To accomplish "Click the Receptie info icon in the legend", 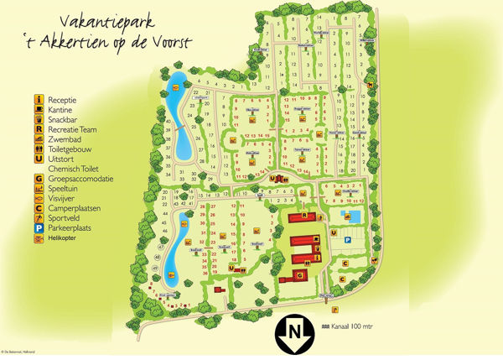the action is point(39,98).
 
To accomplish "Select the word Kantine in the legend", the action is point(61,109).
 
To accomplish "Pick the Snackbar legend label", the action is point(64,119).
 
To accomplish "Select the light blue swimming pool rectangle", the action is point(354,217).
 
